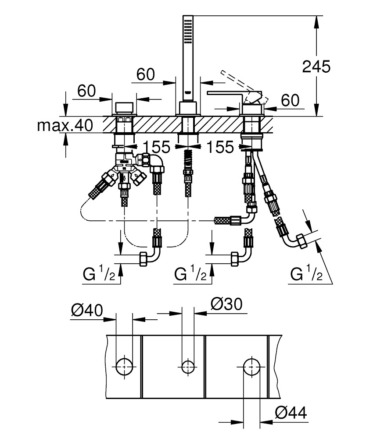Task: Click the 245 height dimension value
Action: (x=316, y=66)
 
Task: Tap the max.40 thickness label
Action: (x=65, y=126)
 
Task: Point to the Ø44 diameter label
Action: (x=291, y=412)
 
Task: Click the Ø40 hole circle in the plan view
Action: (x=124, y=365)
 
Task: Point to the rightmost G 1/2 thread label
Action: (x=306, y=275)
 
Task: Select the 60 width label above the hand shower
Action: (x=146, y=75)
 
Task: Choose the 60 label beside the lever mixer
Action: (x=290, y=100)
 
